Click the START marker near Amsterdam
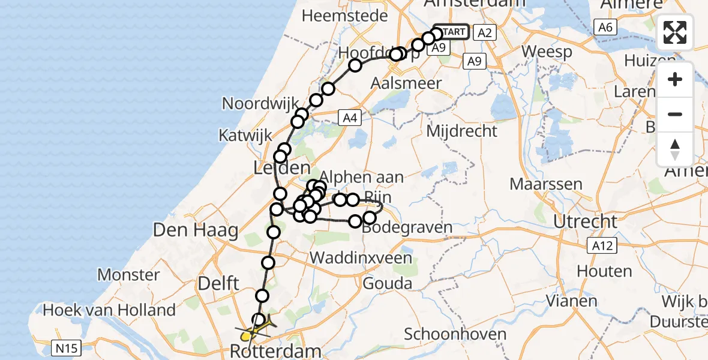click(x=450, y=31)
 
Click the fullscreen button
click(x=675, y=32)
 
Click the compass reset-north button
click(x=675, y=149)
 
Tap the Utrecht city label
click(x=585, y=221)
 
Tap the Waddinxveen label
click(x=361, y=259)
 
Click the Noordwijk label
click(x=261, y=103)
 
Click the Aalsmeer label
click(x=406, y=83)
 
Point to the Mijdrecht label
click(x=463, y=130)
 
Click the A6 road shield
click(x=604, y=26)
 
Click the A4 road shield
click(x=350, y=118)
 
